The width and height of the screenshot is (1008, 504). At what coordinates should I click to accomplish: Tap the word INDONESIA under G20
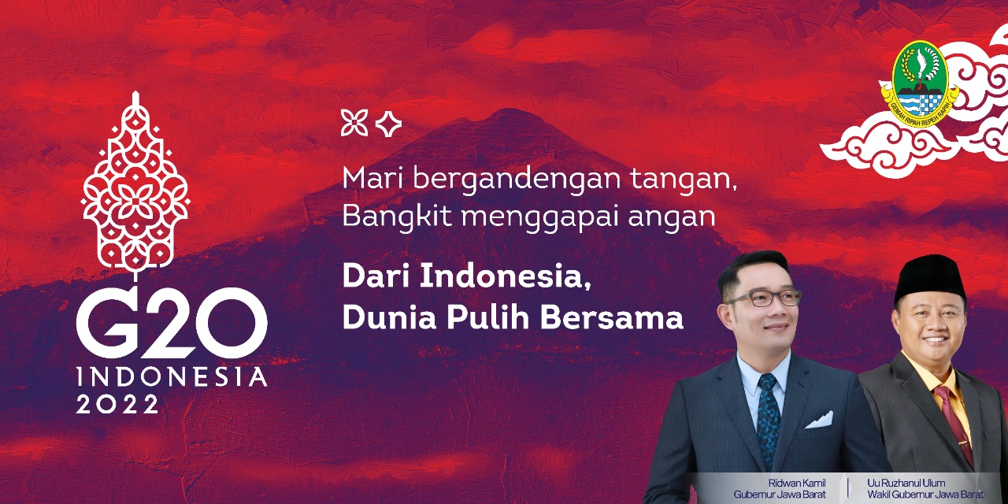coord(172,377)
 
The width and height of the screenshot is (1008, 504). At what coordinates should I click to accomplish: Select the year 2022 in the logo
coord(117,404)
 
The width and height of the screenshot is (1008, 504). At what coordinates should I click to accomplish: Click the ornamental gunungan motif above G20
coord(135,184)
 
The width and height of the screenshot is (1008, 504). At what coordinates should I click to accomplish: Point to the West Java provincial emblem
coord(920,83)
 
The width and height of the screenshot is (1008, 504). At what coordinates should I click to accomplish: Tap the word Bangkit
coord(397,217)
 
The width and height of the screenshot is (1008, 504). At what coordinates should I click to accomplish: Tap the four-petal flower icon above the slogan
coord(354,122)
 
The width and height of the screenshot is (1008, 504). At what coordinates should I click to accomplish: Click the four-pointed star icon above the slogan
coord(388,124)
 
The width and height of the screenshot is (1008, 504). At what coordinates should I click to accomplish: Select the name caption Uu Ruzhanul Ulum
coord(906,484)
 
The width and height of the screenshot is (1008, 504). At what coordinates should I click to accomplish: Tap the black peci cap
coord(930,278)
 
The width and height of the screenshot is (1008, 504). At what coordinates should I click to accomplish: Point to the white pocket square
coord(819,420)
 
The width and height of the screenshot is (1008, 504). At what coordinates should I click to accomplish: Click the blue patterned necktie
coord(768,420)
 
